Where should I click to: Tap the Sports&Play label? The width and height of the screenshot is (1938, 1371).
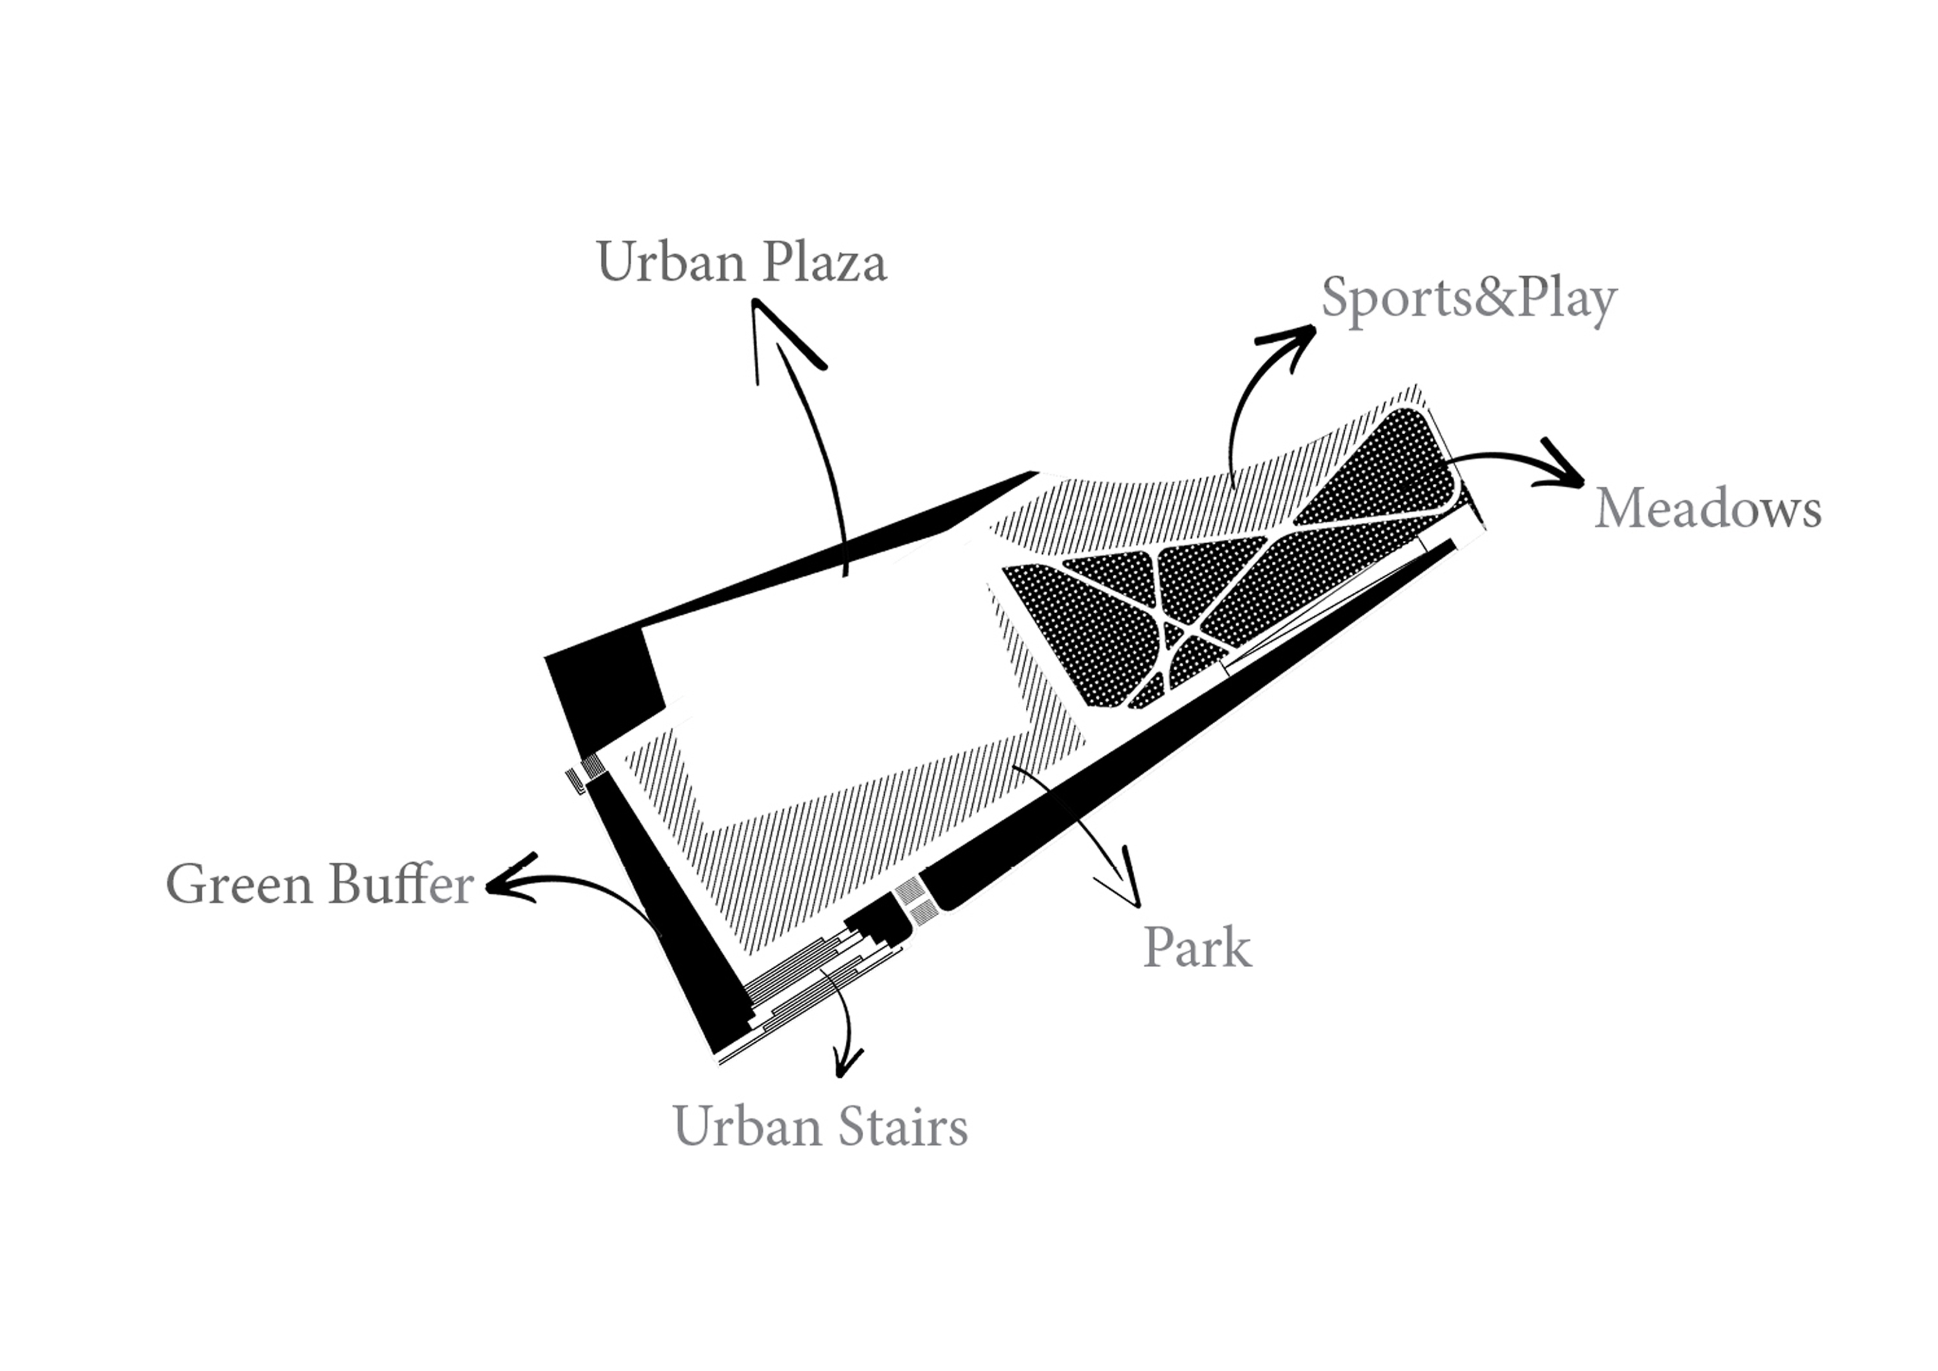pyautogui.click(x=1469, y=300)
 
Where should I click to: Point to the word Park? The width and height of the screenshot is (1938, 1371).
pyautogui.click(x=1197, y=948)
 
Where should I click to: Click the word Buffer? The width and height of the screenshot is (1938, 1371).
pyautogui.click(x=401, y=885)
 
